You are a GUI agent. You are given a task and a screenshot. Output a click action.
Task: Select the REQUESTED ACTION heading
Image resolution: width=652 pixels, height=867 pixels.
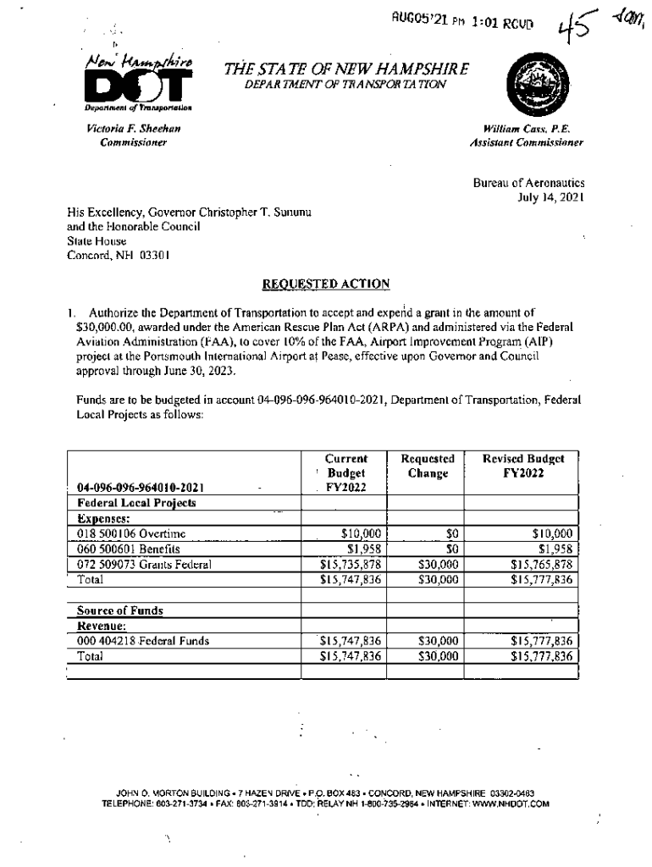[x=325, y=284]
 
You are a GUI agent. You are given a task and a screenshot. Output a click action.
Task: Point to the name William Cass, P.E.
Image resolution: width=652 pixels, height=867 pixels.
[x=532, y=129]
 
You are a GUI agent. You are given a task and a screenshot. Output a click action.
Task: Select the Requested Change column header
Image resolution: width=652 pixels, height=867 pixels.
[x=428, y=465]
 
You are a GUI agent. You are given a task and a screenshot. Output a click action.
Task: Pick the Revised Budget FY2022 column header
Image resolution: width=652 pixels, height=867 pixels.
[x=522, y=465]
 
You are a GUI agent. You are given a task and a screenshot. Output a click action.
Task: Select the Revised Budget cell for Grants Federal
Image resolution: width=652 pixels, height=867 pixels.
[x=541, y=564]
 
